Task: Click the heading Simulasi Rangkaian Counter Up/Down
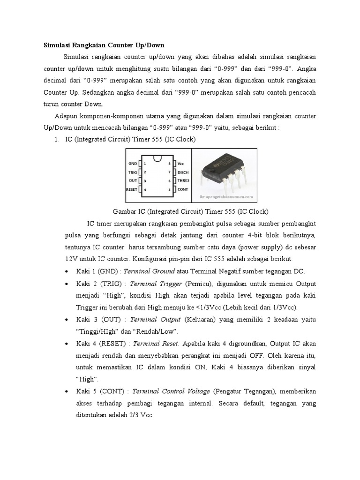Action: point(104,45)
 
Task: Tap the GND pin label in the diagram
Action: point(133,164)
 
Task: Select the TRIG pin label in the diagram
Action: point(133,172)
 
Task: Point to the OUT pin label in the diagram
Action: point(133,180)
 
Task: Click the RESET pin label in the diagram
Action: point(131,189)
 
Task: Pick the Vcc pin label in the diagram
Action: point(180,164)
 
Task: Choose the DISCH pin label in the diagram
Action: point(183,172)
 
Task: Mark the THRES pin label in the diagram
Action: point(183,180)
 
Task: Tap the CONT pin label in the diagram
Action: point(182,189)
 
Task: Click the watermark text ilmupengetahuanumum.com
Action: point(230,197)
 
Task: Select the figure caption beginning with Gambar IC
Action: point(191,211)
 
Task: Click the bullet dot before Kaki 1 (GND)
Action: point(68,272)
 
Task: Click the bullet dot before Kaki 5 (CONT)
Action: point(68,391)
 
